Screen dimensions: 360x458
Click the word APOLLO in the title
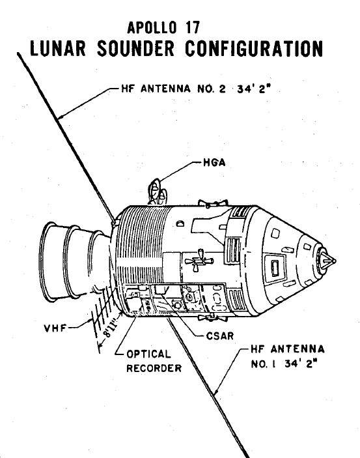pyautogui.click(x=152, y=28)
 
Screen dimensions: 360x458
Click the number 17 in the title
pyautogui.click(x=192, y=28)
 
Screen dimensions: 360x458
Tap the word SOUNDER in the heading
pyautogui.click(x=136, y=48)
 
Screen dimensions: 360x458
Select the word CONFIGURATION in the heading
pyautogui.click(x=254, y=48)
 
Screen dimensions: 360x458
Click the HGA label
pyautogui.click(x=214, y=162)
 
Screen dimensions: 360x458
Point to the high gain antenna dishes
pyautogui.click(x=158, y=192)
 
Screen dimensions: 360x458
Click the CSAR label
pyautogui.click(x=220, y=336)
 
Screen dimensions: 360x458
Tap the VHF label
pyautogui.click(x=55, y=328)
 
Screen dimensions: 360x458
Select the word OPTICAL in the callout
pyautogui.click(x=148, y=354)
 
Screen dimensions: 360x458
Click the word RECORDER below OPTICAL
pyautogui.click(x=154, y=368)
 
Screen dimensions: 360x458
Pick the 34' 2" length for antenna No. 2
pyautogui.click(x=254, y=89)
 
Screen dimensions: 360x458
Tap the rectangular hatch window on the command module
pyautogui.click(x=275, y=268)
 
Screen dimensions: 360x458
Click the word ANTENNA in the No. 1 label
pyautogui.click(x=298, y=349)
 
